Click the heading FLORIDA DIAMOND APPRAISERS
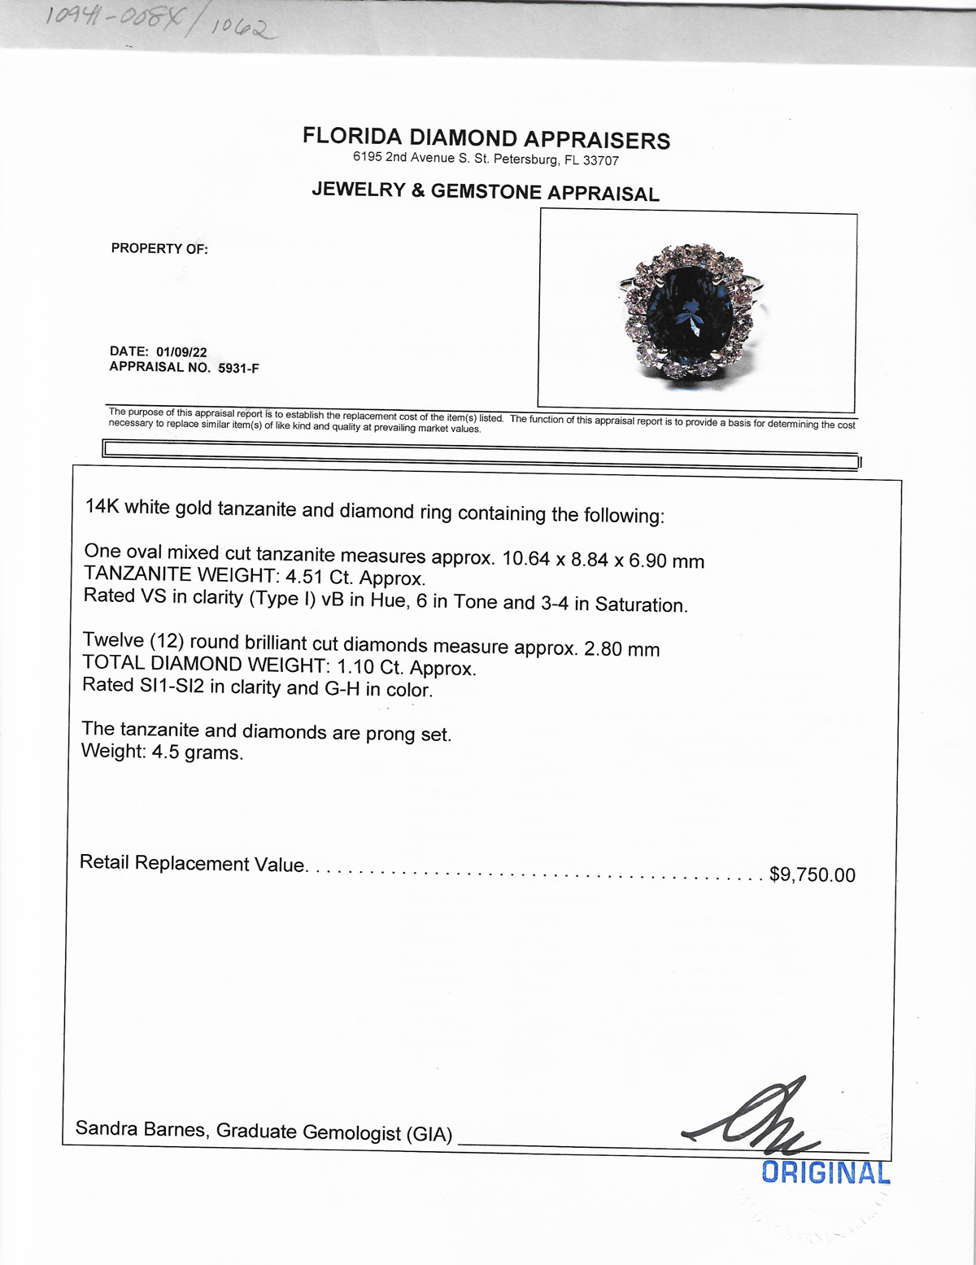pyautogui.click(x=486, y=137)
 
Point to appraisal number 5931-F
pyautogui.click(x=238, y=368)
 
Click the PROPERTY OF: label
pyautogui.click(x=159, y=249)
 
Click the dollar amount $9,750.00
pyautogui.click(x=812, y=875)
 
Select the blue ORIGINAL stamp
pyautogui.click(x=826, y=1172)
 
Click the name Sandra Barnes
pyautogui.click(x=141, y=1128)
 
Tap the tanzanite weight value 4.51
pyautogui.click(x=304, y=578)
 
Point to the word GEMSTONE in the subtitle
pyautogui.click(x=486, y=191)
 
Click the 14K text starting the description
pyautogui.click(x=102, y=507)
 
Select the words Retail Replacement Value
pyautogui.click(x=192, y=863)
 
